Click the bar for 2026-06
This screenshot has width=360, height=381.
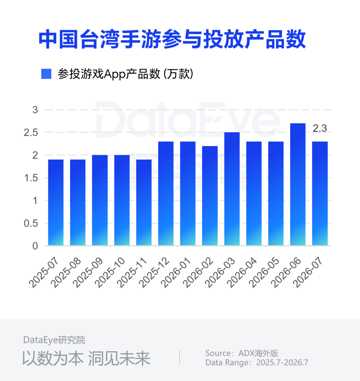tap(298, 184)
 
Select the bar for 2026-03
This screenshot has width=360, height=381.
tap(232, 189)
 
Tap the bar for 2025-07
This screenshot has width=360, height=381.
tap(56, 202)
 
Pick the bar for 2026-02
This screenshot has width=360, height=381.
tap(210, 196)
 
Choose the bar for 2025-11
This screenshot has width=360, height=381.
tap(144, 202)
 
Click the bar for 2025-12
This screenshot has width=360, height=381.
tap(166, 193)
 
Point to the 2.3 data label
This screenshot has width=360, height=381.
tap(320, 128)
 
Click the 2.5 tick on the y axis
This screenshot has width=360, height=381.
tap(31, 133)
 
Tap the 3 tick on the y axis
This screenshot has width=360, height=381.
tap(35, 110)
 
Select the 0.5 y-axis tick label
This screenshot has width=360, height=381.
tap(31, 223)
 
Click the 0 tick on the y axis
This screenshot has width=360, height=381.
tap(35, 246)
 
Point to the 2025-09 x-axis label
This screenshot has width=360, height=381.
tap(88, 273)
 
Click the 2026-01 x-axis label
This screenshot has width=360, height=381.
tap(176, 273)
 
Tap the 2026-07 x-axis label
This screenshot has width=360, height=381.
tap(308, 273)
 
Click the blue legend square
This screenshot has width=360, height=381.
tap(46, 74)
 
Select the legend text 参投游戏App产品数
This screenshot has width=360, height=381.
tap(109, 74)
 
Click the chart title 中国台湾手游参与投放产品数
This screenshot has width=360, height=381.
tap(172, 39)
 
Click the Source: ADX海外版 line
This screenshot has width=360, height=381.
tap(242, 353)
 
